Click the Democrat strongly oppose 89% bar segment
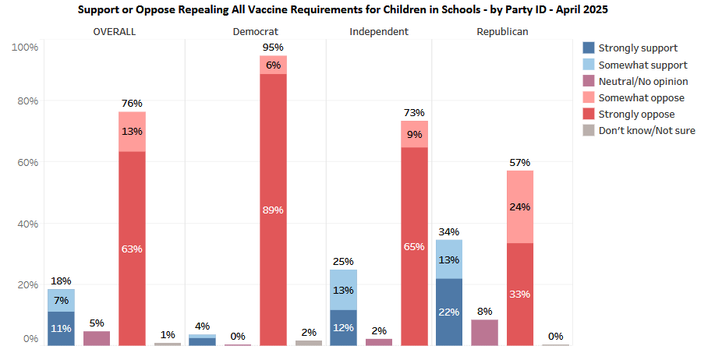(x=273, y=210)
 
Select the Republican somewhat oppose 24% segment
(x=520, y=206)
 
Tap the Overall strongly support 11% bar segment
(x=61, y=328)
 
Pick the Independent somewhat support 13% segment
(x=343, y=290)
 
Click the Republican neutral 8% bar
(x=484, y=332)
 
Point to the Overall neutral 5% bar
(x=97, y=337)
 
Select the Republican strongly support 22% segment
(x=449, y=311)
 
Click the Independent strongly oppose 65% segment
(x=414, y=246)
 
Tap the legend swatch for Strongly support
(x=589, y=48)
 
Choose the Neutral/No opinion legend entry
(x=643, y=81)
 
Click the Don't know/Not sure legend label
(x=646, y=130)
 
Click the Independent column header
(x=379, y=31)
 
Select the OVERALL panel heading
(x=115, y=31)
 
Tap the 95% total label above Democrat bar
(x=273, y=47)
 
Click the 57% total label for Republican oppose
(x=520, y=162)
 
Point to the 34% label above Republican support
(x=449, y=231)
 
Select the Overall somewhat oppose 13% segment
(x=132, y=131)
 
